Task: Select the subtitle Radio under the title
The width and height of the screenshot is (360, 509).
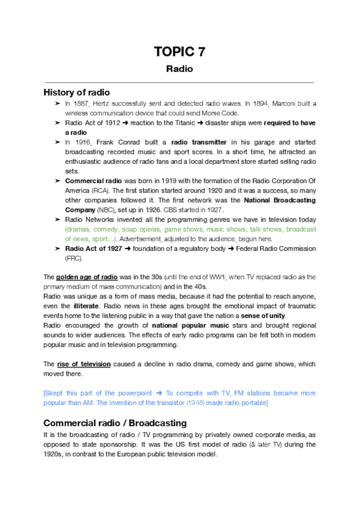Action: (x=179, y=69)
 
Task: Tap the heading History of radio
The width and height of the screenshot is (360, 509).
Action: (x=76, y=92)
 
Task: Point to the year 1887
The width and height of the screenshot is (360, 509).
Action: (x=82, y=103)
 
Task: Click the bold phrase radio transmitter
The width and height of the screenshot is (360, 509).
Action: (x=199, y=142)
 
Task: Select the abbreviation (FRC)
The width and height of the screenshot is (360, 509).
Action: (x=74, y=258)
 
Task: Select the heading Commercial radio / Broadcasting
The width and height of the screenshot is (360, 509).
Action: (x=115, y=423)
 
